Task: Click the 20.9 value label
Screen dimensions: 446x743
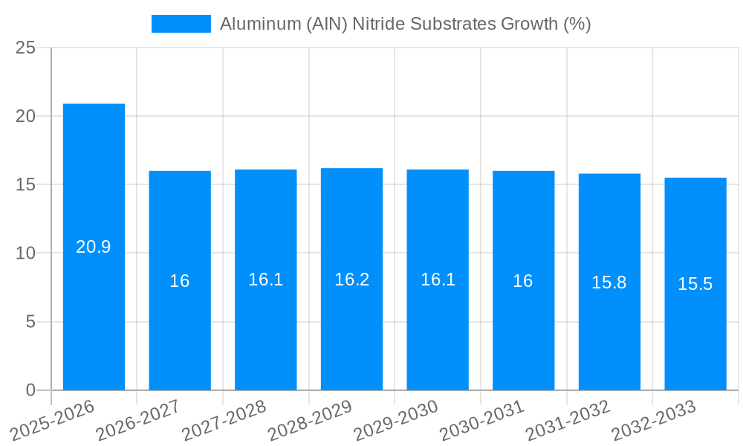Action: click(x=94, y=248)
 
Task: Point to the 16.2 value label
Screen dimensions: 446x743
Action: click(x=351, y=279)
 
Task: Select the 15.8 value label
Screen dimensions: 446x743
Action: click(x=609, y=282)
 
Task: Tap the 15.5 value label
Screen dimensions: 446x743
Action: click(x=695, y=284)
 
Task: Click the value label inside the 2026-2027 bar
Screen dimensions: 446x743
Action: click(x=180, y=281)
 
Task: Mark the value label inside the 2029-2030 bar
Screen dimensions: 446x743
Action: click(x=438, y=279)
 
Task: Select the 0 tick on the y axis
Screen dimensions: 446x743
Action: click(x=30, y=390)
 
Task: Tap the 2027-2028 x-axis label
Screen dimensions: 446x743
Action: click(x=224, y=420)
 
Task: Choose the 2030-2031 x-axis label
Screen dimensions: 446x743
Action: click(x=482, y=420)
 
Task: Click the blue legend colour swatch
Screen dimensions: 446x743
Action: click(x=181, y=24)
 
